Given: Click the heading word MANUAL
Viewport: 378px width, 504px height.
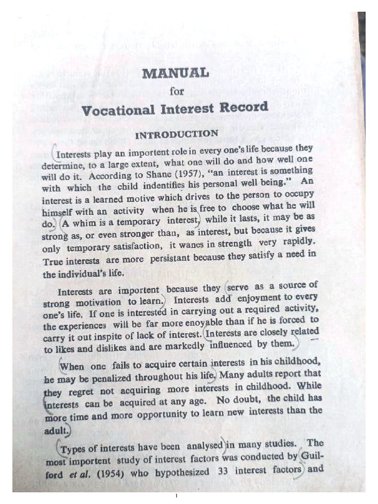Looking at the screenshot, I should tap(175, 73).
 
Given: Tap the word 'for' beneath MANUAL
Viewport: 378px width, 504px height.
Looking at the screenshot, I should tap(176, 91).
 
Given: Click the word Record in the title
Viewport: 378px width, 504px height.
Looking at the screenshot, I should tap(246, 106).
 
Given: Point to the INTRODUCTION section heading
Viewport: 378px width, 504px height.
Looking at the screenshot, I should tap(176, 134).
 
